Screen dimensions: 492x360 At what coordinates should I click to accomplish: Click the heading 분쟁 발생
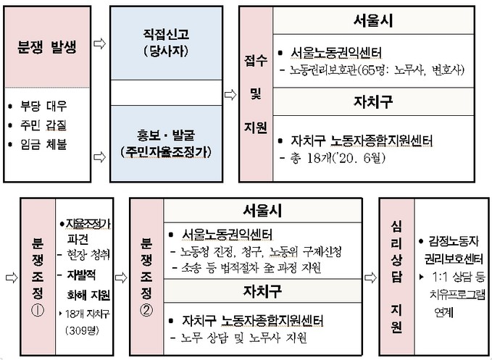pos(47,47)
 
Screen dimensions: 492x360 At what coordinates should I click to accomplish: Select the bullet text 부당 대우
pos(43,106)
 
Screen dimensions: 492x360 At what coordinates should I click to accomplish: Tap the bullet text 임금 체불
pos(43,145)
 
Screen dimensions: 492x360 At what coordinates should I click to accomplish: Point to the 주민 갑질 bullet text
pos(43,125)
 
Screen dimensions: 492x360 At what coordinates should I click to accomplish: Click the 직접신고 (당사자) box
pos(167,43)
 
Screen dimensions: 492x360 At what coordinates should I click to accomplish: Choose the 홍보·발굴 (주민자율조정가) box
pos(167,143)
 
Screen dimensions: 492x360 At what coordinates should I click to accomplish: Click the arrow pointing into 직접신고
pos(100,43)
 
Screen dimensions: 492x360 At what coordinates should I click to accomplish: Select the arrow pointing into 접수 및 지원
pos(230,94)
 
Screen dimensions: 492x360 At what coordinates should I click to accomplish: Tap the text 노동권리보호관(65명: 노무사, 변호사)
pos(377,70)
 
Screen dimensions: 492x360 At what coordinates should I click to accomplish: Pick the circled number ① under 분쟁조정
pos(38,311)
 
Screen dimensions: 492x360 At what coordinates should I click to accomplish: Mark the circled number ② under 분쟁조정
pos(146,311)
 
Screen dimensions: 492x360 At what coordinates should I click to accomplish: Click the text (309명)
pos(82,330)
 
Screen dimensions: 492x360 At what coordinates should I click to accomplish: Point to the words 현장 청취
pos(88,255)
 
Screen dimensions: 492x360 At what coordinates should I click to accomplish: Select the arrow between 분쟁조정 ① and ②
pos(121,277)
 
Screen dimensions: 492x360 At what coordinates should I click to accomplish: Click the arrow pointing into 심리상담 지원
pos(370,277)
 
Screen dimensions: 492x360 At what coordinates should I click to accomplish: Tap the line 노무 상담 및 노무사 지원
pos(243,338)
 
